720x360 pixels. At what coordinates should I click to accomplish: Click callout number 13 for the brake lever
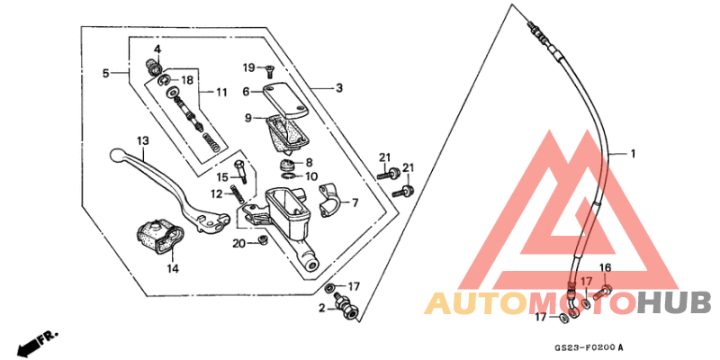point(142,141)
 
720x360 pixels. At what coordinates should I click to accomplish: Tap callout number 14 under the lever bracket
point(171,267)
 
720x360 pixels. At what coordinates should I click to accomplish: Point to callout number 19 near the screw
point(248,67)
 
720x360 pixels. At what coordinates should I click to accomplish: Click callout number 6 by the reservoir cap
point(244,91)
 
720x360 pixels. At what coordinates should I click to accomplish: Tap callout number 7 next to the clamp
point(354,202)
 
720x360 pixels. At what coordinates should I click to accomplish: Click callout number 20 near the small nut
point(239,243)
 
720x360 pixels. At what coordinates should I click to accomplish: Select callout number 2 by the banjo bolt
point(321,309)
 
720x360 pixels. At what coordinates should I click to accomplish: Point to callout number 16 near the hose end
point(606,268)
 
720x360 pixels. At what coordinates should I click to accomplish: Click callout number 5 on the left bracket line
point(105,73)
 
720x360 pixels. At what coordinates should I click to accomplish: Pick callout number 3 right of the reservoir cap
point(339,88)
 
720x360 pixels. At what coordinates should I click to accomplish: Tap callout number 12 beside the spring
point(217,193)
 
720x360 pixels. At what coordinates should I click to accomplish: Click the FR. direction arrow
point(36,341)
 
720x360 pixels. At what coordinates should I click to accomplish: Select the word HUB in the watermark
point(674,302)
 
